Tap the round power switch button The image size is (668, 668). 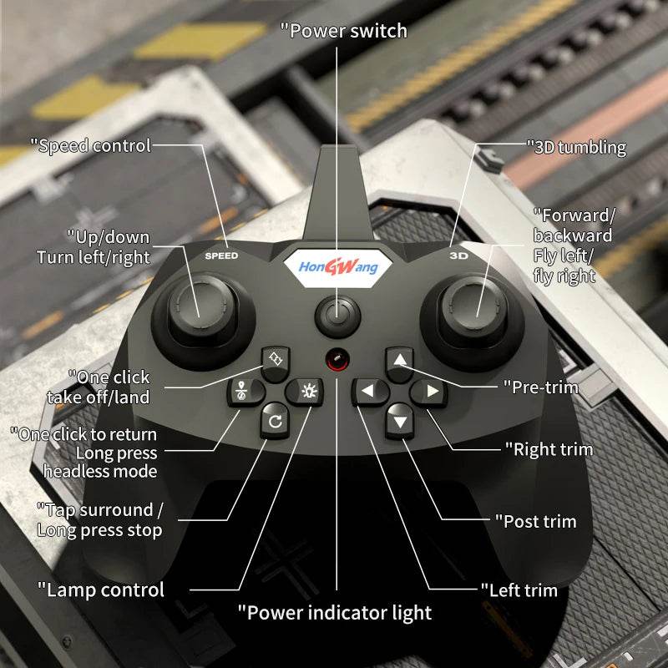(x=337, y=316)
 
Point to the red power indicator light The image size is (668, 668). (x=337, y=360)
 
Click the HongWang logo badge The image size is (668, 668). (x=337, y=267)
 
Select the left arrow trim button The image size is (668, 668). (x=367, y=391)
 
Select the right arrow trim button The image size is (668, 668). (x=430, y=391)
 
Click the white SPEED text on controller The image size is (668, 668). (x=221, y=256)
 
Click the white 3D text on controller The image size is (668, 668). (x=458, y=256)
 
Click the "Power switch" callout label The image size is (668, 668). (x=343, y=31)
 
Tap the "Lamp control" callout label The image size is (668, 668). (x=101, y=590)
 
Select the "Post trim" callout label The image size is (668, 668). (x=539, y=521)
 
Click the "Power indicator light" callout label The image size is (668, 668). (x=335, y=612)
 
